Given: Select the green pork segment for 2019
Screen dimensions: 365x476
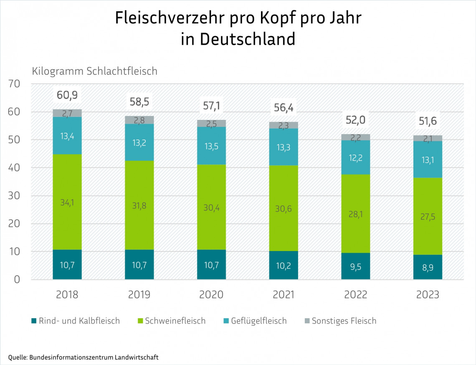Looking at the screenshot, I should pos(139,205).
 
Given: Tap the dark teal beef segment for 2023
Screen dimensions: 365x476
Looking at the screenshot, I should pos(428,267).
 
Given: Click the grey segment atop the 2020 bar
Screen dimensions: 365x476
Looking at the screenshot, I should pos(211,123).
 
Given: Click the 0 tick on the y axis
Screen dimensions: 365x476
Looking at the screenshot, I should pos(17,279).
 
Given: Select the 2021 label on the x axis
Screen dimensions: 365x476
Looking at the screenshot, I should pos(284,294).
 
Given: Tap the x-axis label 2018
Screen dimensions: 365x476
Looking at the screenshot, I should pos(67,294).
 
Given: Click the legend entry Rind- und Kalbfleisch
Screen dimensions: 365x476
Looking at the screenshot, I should pos(75,321).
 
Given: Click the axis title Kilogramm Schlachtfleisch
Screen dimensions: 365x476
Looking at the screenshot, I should pos(95,71).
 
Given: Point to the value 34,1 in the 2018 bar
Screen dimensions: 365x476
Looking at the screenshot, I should pos(67,203).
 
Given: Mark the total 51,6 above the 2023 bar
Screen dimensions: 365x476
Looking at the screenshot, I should pos(428,122).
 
